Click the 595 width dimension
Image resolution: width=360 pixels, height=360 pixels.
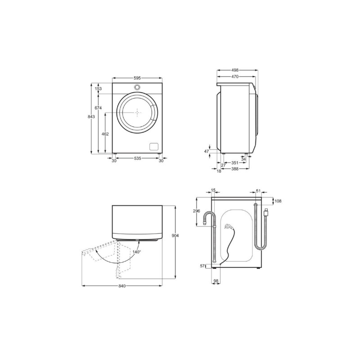tap(137, 78)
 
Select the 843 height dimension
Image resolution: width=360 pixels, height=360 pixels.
tap(91, 117)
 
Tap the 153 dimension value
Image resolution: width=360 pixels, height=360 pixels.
tap(98, 89)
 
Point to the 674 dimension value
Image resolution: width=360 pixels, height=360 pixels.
tap(98, 108)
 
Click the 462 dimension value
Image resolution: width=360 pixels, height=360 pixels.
tap(105, 134)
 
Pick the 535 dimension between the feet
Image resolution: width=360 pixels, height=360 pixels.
tap(137, 158)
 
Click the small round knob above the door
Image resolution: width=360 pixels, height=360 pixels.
tap(137, 87)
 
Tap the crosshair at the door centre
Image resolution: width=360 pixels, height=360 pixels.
tap(137, 112)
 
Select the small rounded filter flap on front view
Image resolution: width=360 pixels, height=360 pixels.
tap(154, 147)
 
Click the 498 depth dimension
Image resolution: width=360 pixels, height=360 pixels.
tap(235, 70)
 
